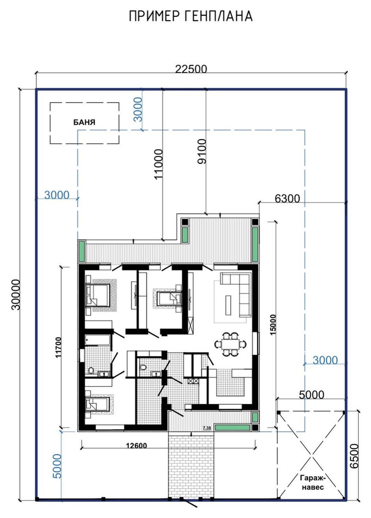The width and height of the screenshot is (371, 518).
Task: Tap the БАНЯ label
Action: [x=84, y=122]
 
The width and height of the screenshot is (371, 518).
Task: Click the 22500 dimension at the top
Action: [x=191, y=69]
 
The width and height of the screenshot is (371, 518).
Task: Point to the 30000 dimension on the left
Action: [x=16, y=295]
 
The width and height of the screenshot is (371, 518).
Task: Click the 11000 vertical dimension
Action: [x=158, y=164]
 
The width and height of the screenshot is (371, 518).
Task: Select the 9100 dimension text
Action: [x=201, y=151]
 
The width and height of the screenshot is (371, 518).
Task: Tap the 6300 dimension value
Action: [x=287, y=198]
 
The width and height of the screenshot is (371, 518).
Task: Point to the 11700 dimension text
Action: [x=58, y=347]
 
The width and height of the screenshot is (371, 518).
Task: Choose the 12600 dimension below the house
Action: [x=137, y=445]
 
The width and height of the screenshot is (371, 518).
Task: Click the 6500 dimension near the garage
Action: [x=354, y=456]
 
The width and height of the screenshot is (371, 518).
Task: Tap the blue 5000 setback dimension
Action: [x=57, y=466]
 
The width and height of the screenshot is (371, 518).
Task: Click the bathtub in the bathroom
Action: [x=97, y=340]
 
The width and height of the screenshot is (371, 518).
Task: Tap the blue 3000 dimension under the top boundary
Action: [x=138, y=109]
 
